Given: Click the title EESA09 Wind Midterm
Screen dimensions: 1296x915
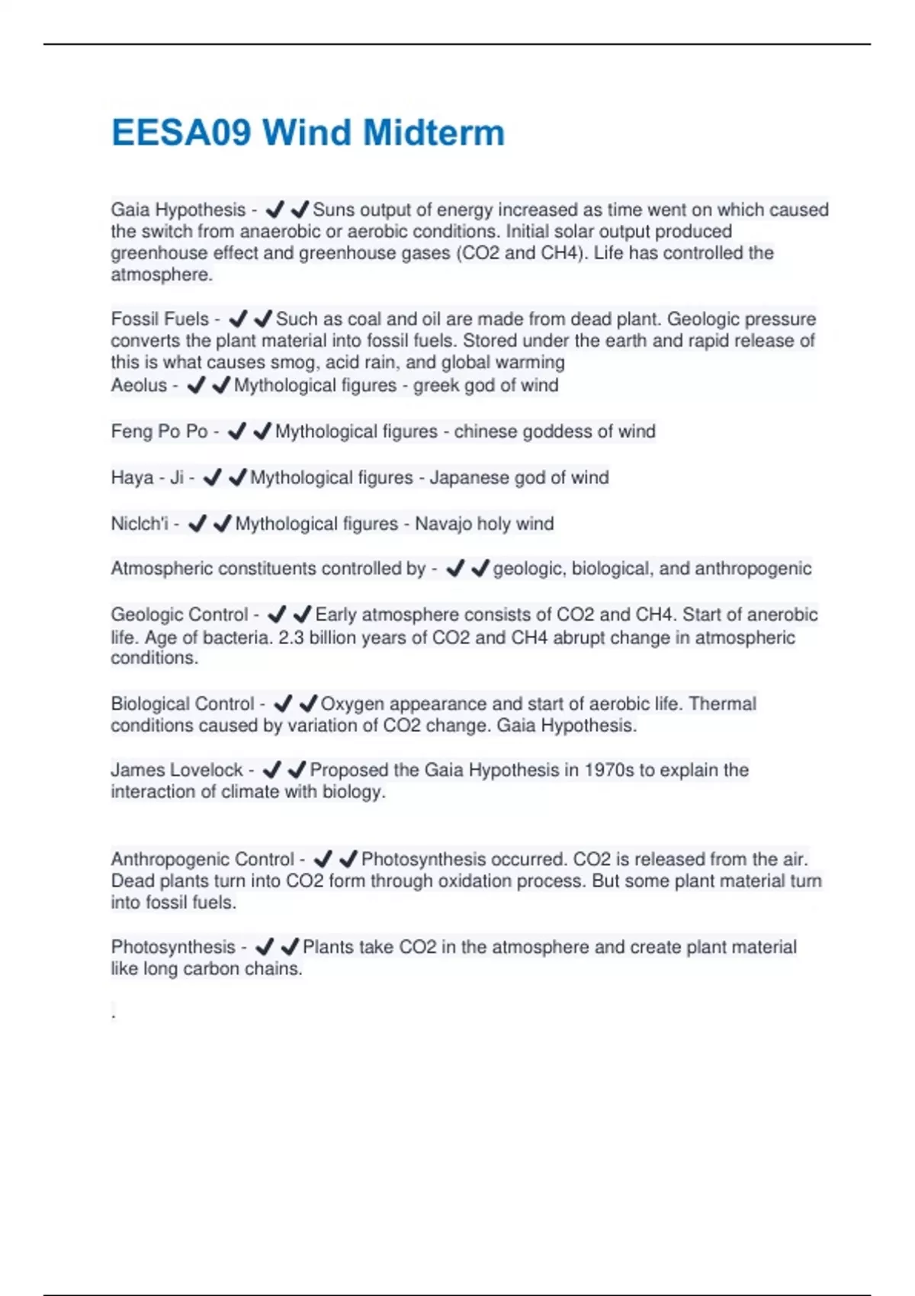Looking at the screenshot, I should pos(308,133).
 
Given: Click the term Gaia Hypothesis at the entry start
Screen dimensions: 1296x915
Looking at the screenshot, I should pos(178,210).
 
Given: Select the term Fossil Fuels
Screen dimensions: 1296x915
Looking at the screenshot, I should pos(160,319).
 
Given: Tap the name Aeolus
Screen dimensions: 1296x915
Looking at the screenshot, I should pos(139,386).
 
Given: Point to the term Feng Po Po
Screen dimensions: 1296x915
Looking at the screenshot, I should pos(159,431).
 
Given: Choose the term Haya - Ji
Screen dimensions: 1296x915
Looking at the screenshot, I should pos(147,478).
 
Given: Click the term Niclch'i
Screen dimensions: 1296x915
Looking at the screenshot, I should pos(140,524).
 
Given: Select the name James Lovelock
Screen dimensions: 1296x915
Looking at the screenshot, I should pos(177,770).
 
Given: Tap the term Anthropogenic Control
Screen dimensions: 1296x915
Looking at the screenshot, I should pos(202,859).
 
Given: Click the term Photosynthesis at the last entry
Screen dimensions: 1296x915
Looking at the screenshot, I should pos(173,947).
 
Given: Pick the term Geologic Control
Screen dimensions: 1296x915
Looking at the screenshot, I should pos(180,614).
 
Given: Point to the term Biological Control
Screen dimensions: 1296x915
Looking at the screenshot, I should pos(182,704).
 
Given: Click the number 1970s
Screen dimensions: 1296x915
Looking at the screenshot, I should pos(608,770).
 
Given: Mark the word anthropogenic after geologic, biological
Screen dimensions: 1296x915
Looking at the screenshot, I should pos(752,569).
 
